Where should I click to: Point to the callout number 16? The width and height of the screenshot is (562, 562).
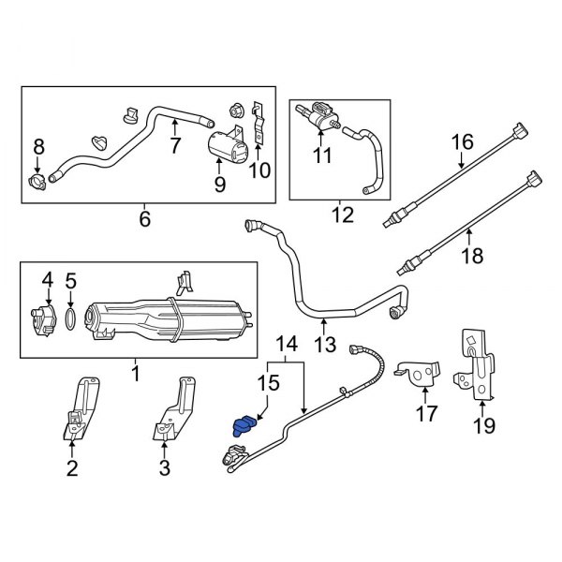[463, 142]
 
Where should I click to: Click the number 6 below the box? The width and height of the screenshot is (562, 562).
[144, 218]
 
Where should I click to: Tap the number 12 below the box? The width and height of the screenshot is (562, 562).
[342, 217]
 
